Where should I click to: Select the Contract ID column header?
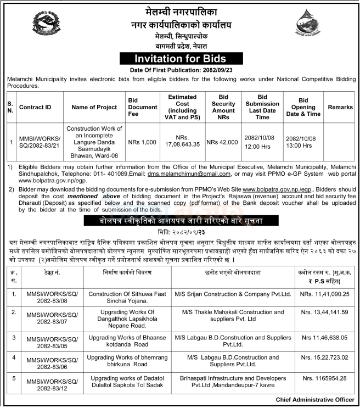(x=35, y=108)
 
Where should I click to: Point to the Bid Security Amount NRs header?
(x=223, y=107)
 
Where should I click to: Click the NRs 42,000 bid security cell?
(x=223, y=142)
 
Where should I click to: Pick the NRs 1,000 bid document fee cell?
(x=142, y=142)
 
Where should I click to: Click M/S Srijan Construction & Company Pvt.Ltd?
(x=232, y=294)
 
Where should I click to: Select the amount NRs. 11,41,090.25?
(x=325, y=294)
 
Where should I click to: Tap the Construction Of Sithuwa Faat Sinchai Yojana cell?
(x=127, y=298)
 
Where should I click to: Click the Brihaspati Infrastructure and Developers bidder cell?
(x=232, y=382)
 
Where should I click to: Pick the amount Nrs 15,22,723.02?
(x=325, y=357)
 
